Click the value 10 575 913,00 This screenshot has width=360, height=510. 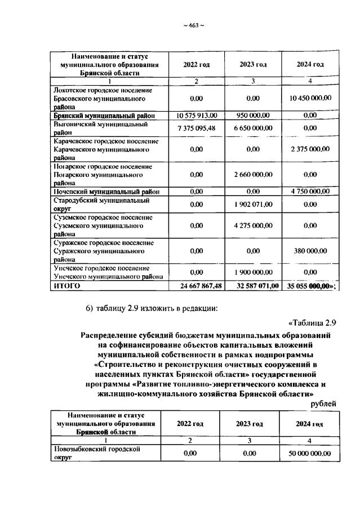197,115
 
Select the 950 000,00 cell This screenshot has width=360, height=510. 254,115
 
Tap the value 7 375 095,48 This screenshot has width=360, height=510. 196,128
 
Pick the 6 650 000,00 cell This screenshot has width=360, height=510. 254,128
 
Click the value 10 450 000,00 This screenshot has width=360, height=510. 310,97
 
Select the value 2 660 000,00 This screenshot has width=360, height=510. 254,175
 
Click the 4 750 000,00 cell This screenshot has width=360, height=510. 310,192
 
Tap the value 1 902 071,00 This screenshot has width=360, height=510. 254,205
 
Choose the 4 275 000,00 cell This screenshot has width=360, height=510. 254,225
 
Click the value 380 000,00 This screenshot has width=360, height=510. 310,251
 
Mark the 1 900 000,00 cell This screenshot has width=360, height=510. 254,272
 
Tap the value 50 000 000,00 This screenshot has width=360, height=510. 310,453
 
